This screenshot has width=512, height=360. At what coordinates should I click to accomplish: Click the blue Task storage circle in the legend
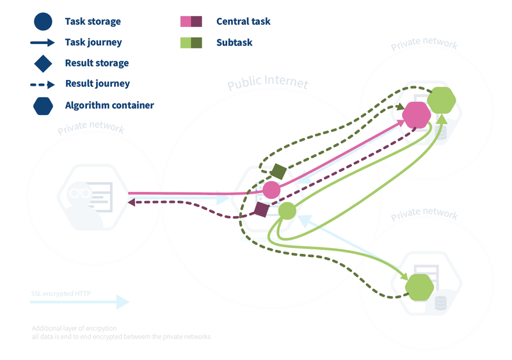pyautogui.click(x=43, y=21)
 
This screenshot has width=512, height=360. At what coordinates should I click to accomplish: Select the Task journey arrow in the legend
pyautogui.click(x=43, y=43)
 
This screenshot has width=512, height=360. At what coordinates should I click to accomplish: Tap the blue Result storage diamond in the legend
pyautogui.click(x=43, y=63)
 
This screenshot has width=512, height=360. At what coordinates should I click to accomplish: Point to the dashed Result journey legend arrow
pyautogui.click(x=43, y=84)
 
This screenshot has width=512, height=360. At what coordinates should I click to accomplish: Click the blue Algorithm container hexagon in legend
pyautogui.click(x=43, y=105)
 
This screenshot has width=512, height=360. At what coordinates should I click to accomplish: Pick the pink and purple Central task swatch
pyautogui.click(x=191, y=21)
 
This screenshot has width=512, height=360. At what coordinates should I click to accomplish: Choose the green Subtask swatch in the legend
pyautogui.click(x=191, y=43)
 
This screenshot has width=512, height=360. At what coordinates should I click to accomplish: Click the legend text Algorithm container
pyautogui.click(x=109, y=105)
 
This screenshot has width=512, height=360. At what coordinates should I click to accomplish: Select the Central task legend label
pyautogui.click(x=243, y=21)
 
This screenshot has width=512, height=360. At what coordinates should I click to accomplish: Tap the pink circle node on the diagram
pyautogui.click(x=271, y=190)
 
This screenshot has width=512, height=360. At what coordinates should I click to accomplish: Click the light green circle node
pyautogui.click(x=287, y=210)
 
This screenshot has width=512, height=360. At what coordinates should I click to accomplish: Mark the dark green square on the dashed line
pyautogui.click(x=278, y=171)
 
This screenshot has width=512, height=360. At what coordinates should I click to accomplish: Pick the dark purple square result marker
pyautogui.click(x=261, y=210)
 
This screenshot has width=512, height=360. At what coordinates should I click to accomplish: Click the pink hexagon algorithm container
pyautogui.click(x=417, y=114)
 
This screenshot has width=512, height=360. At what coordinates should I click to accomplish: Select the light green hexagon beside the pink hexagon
pyautogui.click(x=441, y=100)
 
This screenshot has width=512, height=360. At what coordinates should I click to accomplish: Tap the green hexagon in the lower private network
pyautogui.click(x=420, y=287)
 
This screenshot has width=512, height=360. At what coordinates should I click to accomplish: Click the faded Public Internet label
pyautogui.click(x=268, y=84)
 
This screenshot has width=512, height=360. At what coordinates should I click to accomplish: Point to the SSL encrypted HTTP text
pyautogui.click(x=61, y=294)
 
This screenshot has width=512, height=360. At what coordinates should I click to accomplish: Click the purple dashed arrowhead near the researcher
pyautogui.click(x=131, y=202)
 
